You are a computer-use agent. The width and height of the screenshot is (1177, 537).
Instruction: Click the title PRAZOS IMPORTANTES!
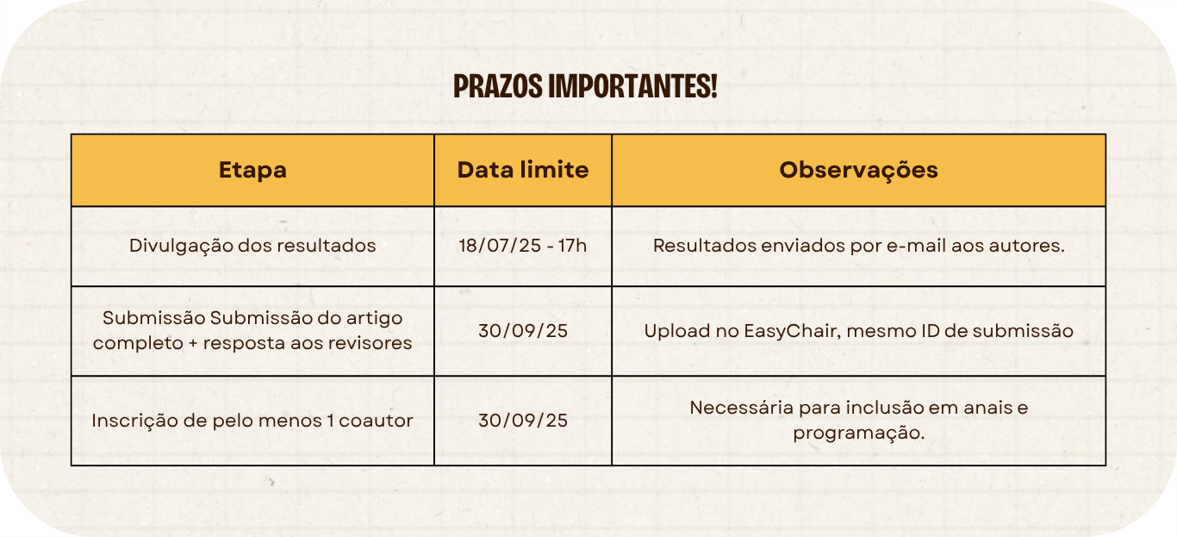pyautogui.click(x=585, y=86)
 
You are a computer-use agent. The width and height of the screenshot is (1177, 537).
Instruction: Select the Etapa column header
pyautogui.click(x=252, y=170)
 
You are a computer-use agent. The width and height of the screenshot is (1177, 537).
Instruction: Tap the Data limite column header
pyautogui.click(x=523, y=170)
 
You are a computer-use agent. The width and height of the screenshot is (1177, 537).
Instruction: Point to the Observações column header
pyautogui.click(x=858, y=171)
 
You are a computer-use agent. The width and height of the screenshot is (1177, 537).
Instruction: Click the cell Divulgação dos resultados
pyautogui.click(x=252, y=246)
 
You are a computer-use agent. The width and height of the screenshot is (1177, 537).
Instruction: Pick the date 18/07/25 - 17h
pyautogui.click(x=523, y=246)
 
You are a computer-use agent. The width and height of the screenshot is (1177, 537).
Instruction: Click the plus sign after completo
pyautogui.click(x=193, y=344)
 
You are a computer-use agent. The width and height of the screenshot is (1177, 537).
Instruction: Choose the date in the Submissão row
pyautogui.click(x=523, y=331)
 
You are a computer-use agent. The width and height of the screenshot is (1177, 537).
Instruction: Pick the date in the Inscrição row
pyautogui.click(x=523, y=421)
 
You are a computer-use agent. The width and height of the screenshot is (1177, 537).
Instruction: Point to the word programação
pyautogui.click(x=858, y=434)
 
